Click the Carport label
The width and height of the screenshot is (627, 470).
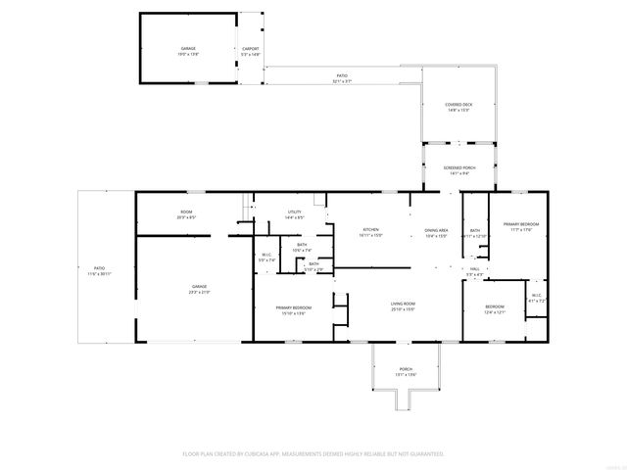coord(251,49)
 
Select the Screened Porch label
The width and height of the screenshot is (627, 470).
coord(458,170)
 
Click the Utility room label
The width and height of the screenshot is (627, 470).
coord(294,214)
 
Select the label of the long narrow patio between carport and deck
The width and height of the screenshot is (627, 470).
coord(342,78)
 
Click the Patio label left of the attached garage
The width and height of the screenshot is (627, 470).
coord(99,269)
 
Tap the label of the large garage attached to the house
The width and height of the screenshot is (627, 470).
coord(200,290)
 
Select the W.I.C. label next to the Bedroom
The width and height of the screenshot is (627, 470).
coord(536,297)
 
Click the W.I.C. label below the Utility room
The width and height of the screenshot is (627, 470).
coord(265,258)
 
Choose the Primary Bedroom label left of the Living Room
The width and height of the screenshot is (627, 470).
coord(294,310)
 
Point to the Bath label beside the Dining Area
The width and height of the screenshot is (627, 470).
coord(474,233)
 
